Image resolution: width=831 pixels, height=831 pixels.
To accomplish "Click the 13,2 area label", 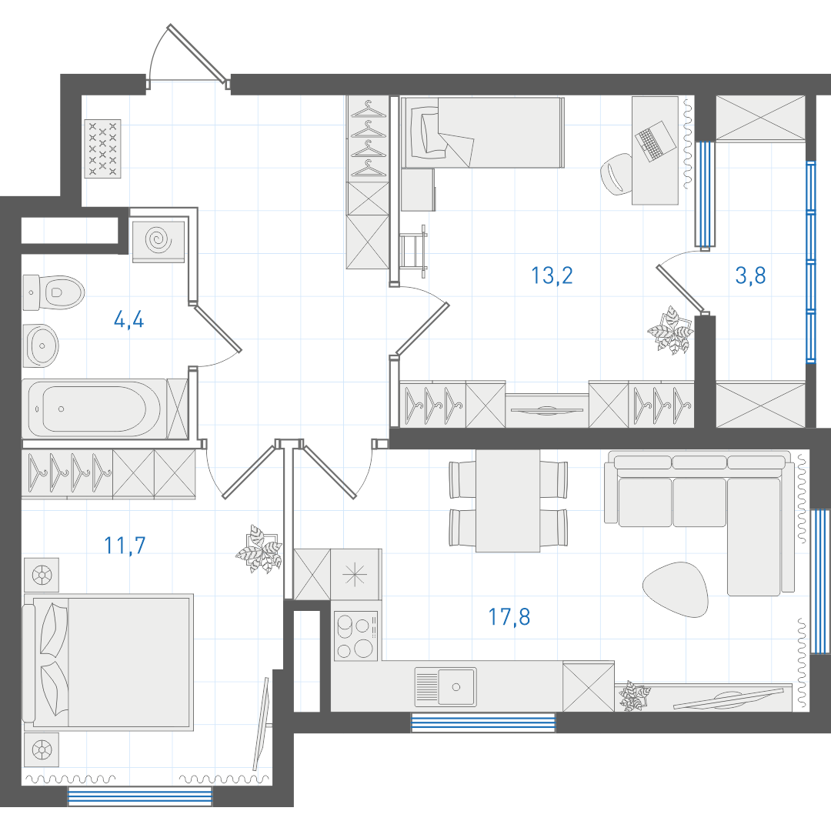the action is tap(552, 275).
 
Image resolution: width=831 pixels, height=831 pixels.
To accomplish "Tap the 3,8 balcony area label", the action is tap(750, 275).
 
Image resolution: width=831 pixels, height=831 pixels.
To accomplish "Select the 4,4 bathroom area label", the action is tap(128, 320).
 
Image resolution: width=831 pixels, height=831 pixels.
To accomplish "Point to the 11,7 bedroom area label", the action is tap(125, 546).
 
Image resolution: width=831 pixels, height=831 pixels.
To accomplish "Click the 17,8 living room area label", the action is tap(509, 617).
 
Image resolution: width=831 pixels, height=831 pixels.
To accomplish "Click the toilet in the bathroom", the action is tap(54, 292).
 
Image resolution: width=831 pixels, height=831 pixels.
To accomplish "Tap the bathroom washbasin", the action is tap(41, 345).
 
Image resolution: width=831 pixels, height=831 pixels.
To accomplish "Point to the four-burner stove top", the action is tap(355, 636).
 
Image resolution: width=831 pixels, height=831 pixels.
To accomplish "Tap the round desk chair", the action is tap(616, 174).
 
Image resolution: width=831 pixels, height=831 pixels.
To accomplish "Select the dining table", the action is tap(508, 501).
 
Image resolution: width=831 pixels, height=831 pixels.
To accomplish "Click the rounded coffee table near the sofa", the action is tap(676, 589).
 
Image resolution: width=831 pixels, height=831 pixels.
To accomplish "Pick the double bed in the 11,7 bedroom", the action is tap(108, 662).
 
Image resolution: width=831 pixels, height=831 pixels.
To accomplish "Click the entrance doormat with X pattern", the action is tap(103, 149).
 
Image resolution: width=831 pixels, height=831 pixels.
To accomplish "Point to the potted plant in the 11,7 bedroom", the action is tap(259, 549).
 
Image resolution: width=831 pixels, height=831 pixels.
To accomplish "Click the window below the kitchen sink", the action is tap(483, 723).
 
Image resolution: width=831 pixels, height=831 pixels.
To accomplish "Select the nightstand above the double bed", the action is tap(42, 575).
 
